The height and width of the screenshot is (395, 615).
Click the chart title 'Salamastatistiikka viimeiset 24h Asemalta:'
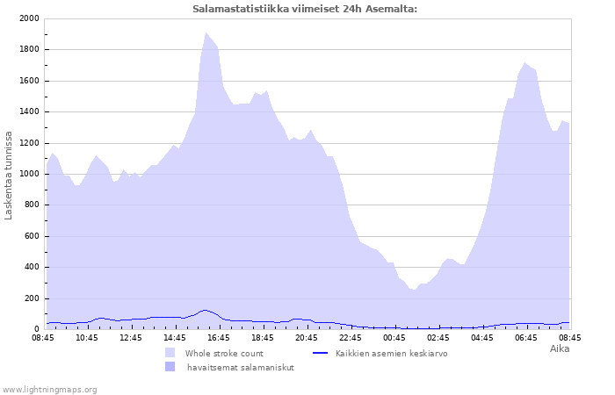(x=305, y=9)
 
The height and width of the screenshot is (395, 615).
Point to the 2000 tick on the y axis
(x=29, y=18)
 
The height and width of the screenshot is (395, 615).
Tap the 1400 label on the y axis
(x=29, y=111)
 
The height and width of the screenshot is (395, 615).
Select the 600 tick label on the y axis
(x=32, y=236)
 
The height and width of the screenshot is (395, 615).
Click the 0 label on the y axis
(x=37, y=329)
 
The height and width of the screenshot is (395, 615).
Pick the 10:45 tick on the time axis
(x=87, y=338)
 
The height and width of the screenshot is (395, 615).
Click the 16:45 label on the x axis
(x=219, y=338)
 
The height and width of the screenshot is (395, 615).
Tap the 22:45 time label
(x=351, y=338)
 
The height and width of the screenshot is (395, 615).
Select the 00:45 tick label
(x=394, y=338)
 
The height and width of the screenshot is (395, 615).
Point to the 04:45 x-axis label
(x=482, y=338)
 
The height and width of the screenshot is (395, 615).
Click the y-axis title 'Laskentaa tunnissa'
(x=8, y=176)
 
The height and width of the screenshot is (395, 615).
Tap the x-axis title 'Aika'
(x=560, y=348)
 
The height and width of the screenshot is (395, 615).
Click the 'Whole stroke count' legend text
(x=224, y=354)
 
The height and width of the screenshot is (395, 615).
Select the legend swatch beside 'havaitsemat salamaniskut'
(x=170, y=367)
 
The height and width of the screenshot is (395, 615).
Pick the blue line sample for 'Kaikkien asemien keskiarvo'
(x=320, y=353)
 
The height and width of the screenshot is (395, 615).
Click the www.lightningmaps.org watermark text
(x=48, y=390)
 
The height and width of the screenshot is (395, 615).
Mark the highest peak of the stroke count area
(x=206, y=33)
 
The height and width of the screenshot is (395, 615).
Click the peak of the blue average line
(x=205, y=311)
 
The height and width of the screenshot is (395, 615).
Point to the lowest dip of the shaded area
(x=414, y=290)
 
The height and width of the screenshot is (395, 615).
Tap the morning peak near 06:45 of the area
(x=525, y=62)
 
